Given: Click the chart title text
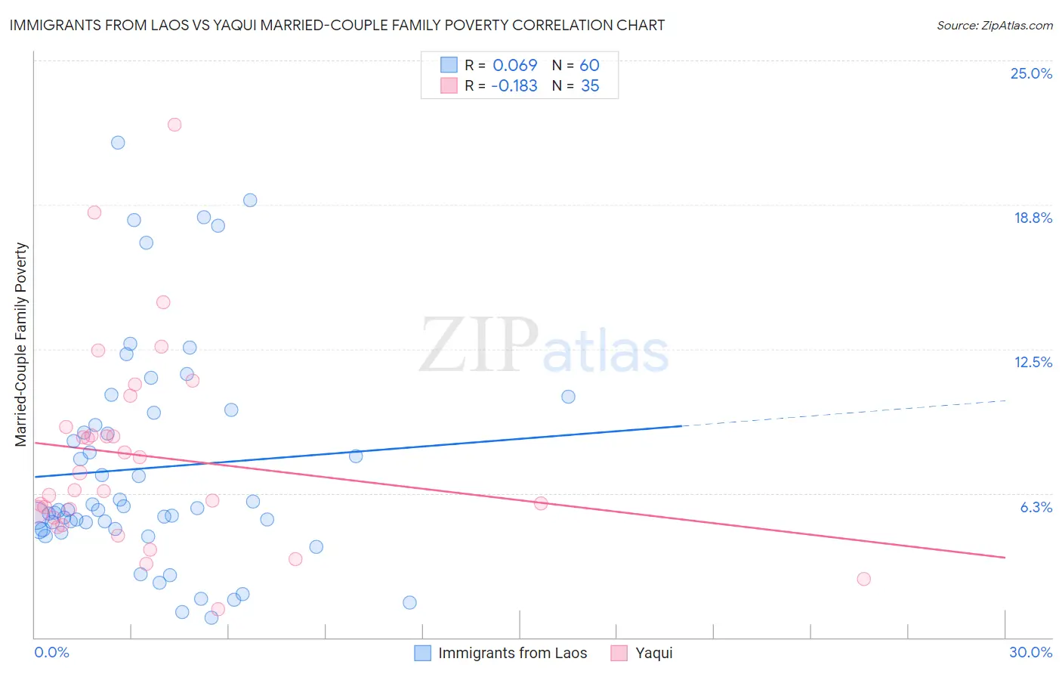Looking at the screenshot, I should (337, 25).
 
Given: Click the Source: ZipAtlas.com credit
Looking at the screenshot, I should (994, 25).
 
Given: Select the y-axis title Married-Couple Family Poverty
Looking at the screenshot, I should (21, 345).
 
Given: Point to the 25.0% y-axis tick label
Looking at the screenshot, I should (1030, 73).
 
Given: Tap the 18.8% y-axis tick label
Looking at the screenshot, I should (1032, 218).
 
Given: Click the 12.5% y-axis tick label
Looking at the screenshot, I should (1032, 362).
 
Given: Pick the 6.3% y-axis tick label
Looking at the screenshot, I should (1036, 507).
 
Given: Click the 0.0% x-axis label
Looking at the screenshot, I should (51, 652).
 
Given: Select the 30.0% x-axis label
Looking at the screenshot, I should (1030, 652).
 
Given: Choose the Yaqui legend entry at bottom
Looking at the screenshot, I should (653, 653).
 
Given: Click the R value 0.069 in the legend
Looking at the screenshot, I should (514, 66).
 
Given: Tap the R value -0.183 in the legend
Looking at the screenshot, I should (514, 86).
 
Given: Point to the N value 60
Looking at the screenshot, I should (589, 66).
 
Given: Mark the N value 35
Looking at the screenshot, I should (590, 86).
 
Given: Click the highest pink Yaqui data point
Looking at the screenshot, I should (174, 125).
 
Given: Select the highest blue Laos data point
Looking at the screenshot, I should (118, 143).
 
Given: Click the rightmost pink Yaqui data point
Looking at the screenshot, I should (863, 579).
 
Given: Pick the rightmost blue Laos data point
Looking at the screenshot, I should (568, 397).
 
